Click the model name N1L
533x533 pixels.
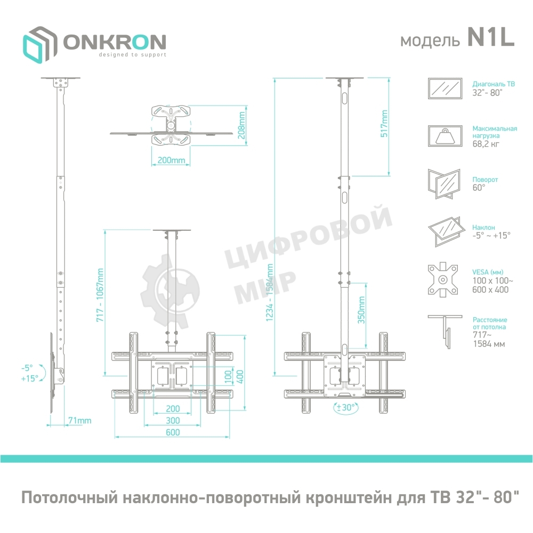[491, 39]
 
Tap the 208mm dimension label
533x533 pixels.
[242, 124]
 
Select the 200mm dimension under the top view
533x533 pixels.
[172, 160]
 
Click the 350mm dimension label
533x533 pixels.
[361, 311]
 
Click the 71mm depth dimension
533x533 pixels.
[79, 421]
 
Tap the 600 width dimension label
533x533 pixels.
[172, 433]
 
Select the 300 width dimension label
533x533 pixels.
[172, 421]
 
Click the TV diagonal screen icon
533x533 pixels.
[445, 87]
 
